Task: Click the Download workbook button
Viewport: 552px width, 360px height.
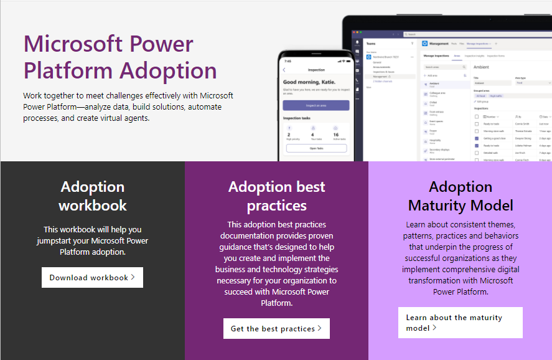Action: click(x=92, y=278)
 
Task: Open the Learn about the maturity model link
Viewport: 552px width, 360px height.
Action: click(x=460, y=323)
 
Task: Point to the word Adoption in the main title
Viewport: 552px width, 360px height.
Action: click(x=169, y=70)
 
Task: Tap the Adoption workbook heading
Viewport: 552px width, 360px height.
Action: click(x=93, y=196)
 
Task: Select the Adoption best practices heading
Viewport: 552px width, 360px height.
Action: click(x=276, y=196)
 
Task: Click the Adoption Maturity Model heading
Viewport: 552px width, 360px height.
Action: click(x=461, y=196)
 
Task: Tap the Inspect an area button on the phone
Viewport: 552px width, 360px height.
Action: click(x=316, y=105)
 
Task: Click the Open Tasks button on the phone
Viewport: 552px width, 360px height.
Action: click(x=316, y=148)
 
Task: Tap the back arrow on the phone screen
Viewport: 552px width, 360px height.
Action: click(x=284, y=70)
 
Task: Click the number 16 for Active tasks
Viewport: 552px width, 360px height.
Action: click(x=336, y=134)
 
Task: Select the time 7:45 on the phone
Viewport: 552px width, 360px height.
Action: click(x=288, y=61)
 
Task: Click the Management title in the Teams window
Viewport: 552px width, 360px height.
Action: click(x=439, y=44)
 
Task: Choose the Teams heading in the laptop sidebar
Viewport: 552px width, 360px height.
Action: click(x=371, y=44)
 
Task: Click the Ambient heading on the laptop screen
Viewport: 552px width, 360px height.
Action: click(x=482, y=67)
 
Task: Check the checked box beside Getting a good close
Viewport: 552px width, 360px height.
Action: click(x=477, y=138)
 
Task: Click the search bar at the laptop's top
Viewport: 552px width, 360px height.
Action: click(x=448, y=34)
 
